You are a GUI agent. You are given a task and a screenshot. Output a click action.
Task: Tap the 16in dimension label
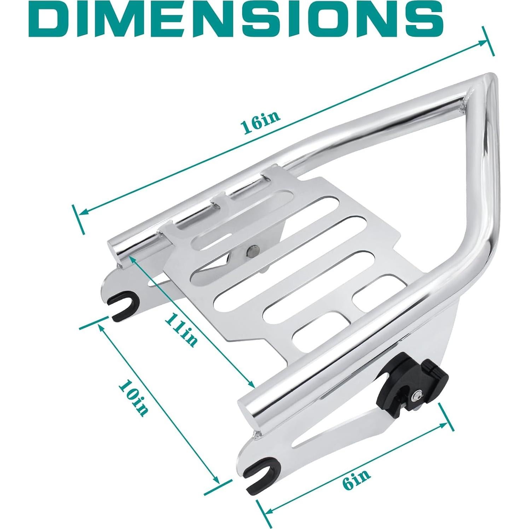pos(260,122)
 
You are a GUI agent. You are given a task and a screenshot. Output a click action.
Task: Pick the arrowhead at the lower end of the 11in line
pos(251,385)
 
